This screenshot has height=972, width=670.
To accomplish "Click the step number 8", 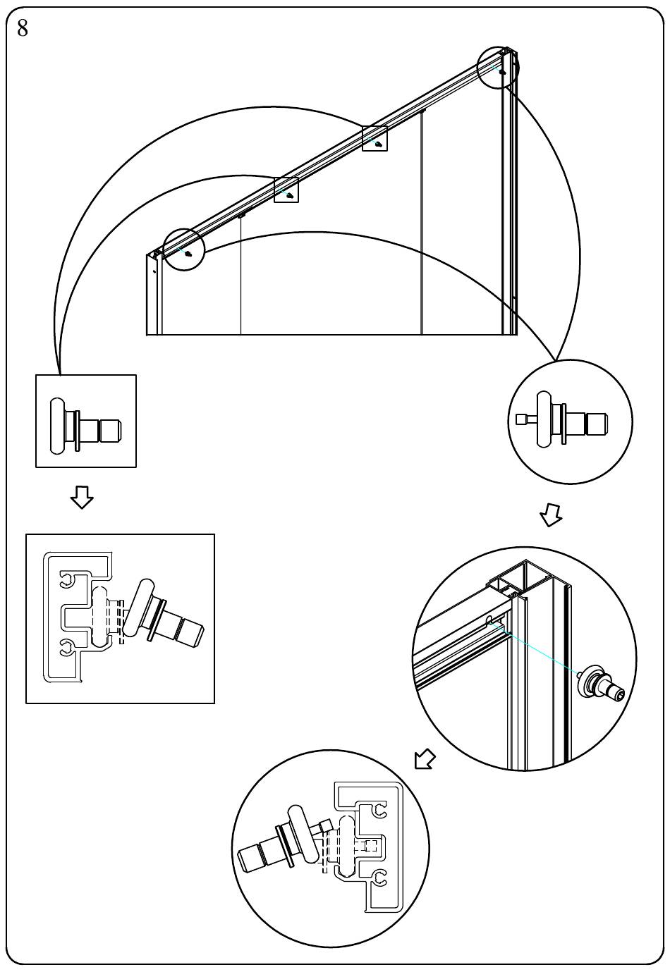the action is (x=23, y=29).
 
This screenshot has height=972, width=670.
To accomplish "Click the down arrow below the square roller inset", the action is (x=82, y=498).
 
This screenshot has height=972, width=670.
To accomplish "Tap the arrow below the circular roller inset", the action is (x=551, y=515).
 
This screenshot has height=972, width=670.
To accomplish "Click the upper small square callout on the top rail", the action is (x=374, y=138).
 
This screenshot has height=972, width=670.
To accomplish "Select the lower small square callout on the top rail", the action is (x=286, y=190).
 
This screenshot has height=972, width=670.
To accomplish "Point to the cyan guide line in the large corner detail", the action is (x=538, y=648).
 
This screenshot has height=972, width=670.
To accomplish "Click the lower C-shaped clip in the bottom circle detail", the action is (x=378, y=879).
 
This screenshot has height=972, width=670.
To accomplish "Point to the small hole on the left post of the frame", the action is (x=154, y=271).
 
